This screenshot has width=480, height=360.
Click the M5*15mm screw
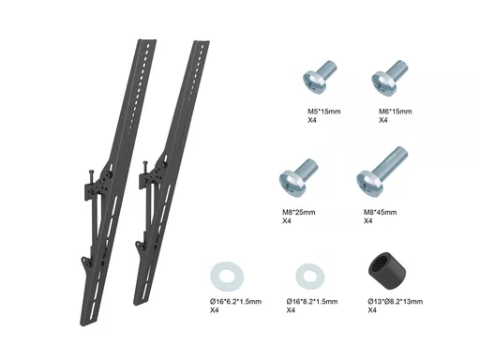pyautogui.click(x=319, y=77)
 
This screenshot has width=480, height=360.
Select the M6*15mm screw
pyautogui.click(x=389, y=77)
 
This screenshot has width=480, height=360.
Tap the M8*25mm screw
pyautogui.click(x=298, y=175)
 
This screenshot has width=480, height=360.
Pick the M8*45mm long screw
pyautogui.click(x=382, y=171)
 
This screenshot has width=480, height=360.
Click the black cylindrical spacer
pyautogui.click(x=387, y=267)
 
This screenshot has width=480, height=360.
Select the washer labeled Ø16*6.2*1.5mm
pyautogui.click(x=227, y=277)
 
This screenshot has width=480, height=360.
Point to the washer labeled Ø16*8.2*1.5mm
pyautogui.click(x=310, y=277)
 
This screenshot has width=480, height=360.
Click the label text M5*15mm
pyautogui.click(x=324, y=112)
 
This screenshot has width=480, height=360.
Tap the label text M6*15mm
pyautogui.click(x=396, y=112)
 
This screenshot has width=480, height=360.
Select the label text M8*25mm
pyautogui.click(x=299, y=213)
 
